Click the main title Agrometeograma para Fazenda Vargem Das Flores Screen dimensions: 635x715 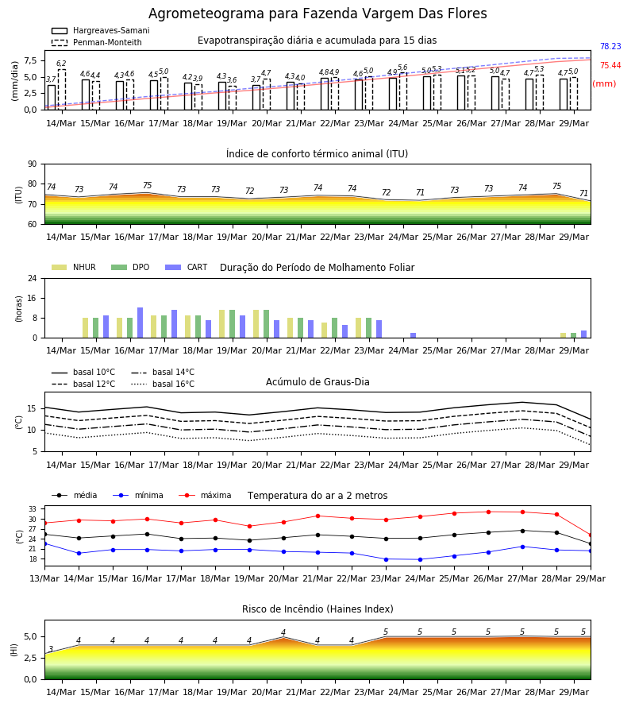click(x=317, y=14)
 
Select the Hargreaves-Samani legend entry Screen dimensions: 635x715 click(x=100, y=30)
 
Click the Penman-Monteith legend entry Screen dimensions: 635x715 click(x=97, y=42)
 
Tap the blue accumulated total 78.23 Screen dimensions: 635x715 click(x=610, y=47)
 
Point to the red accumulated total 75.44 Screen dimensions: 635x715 click(x=610, y=66)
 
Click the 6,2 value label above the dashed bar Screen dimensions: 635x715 click(x=61, y=64)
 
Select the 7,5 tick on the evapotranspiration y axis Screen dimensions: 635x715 click(x=30, y=60)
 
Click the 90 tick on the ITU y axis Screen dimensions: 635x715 click(x=33, y=164)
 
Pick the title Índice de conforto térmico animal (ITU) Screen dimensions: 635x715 click(x=317, y=153)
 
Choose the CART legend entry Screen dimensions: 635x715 click(x=187, y=267)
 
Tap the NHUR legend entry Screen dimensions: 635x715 click(x=74, y=267)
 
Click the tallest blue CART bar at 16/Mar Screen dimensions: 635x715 click(x=140, y=323)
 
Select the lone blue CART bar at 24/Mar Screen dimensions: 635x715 click(x=414, y=335)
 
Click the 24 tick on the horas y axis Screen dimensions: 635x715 click(x=33, y=278)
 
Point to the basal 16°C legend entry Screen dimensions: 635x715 click(x=163, y=384)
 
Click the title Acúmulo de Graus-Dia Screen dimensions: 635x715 click(x=317, y=381)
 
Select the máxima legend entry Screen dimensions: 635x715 click(x=205, y=495)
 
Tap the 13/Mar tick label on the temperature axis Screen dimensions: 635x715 click(x=44, y=578)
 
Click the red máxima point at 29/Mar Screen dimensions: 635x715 click(x=591, y=535)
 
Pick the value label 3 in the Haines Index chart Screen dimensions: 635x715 click(x=51, y=649)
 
